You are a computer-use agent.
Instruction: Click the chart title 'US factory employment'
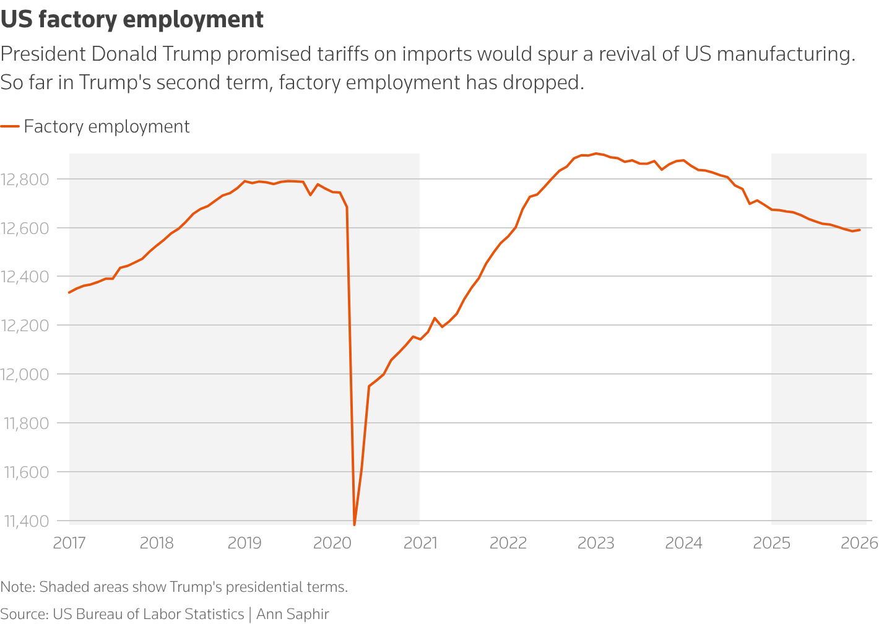pyautogui.click(x=132, y=19)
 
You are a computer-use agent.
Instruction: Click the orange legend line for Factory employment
pyautogui.click(x=10, y=126)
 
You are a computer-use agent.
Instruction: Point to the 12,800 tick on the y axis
pyautogui.click(x=25, y=180)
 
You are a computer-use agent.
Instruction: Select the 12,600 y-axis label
pyautogui.click(x=25, y=228)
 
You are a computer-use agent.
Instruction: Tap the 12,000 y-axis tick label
pyautogui.click(x=25, y=375)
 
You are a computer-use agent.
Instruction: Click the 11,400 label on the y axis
pyautogui.click(x=25, y=521)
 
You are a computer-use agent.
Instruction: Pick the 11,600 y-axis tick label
pyautogui.click(x=25, y=472)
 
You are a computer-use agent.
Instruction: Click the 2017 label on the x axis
pyautogui.click(x=69, y=543)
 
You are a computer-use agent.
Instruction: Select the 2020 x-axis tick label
pyautogui.click(x=332, y=543)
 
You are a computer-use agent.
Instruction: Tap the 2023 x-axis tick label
pyautogui.click(x=595, y=543)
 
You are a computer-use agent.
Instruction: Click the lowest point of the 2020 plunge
pyautogui.click(x=354, y=524)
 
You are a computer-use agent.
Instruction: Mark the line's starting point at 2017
pyautogui.click(x=69, y=292)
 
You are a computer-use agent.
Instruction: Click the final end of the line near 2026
pyautogui.click(x=860, y=230)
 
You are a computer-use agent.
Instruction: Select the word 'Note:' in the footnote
pyautogui.click(x=18, y=587)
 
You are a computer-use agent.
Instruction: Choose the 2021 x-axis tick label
pyautogui.click(x=420, y=543)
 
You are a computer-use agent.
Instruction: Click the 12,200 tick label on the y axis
pyautogui.click(x=25, y=326)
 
